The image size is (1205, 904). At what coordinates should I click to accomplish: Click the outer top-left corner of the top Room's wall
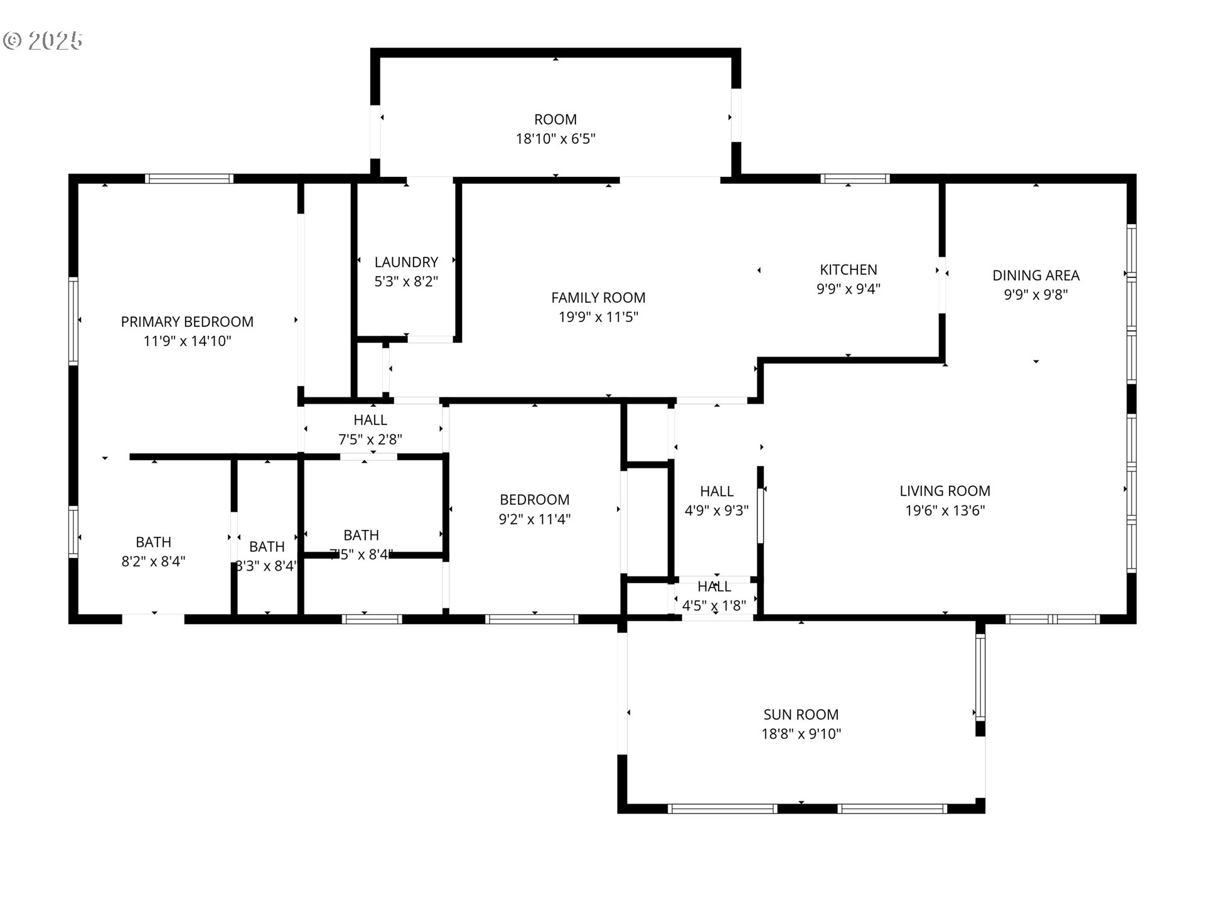point(371,48)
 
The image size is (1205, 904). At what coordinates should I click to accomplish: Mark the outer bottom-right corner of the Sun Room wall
point(985,813)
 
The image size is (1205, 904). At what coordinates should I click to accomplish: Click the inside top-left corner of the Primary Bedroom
point(78,183)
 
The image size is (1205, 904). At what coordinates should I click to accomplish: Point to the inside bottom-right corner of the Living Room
point(1127,614)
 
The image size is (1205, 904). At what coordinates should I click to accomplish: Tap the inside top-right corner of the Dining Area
point(1127,183)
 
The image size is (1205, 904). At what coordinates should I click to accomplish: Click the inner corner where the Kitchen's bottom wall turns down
point(763,363)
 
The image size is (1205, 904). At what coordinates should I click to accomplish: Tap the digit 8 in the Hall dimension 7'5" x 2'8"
point(394,439)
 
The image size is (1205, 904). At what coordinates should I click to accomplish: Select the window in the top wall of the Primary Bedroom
point(190,178)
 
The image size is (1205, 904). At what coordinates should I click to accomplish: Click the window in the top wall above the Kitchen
point(855,178)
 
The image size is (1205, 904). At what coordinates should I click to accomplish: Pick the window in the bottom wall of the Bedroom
point(532,619)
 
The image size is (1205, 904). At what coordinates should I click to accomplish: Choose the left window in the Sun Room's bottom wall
point(722,809)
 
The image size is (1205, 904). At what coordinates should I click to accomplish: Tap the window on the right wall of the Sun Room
point(980,677)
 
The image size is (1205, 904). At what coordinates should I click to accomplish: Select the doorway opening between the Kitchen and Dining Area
point(942,284)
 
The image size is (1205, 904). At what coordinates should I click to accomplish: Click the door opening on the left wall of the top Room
point(375,131)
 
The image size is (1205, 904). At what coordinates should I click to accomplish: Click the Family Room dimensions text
point(598,317)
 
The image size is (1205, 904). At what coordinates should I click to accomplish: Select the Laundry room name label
point(406,262)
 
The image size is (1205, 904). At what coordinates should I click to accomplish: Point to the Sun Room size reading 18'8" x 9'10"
point(801,734)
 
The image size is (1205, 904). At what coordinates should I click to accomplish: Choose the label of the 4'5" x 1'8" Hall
point(714,586)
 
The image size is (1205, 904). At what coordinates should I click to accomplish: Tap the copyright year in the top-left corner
point(55,41)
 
